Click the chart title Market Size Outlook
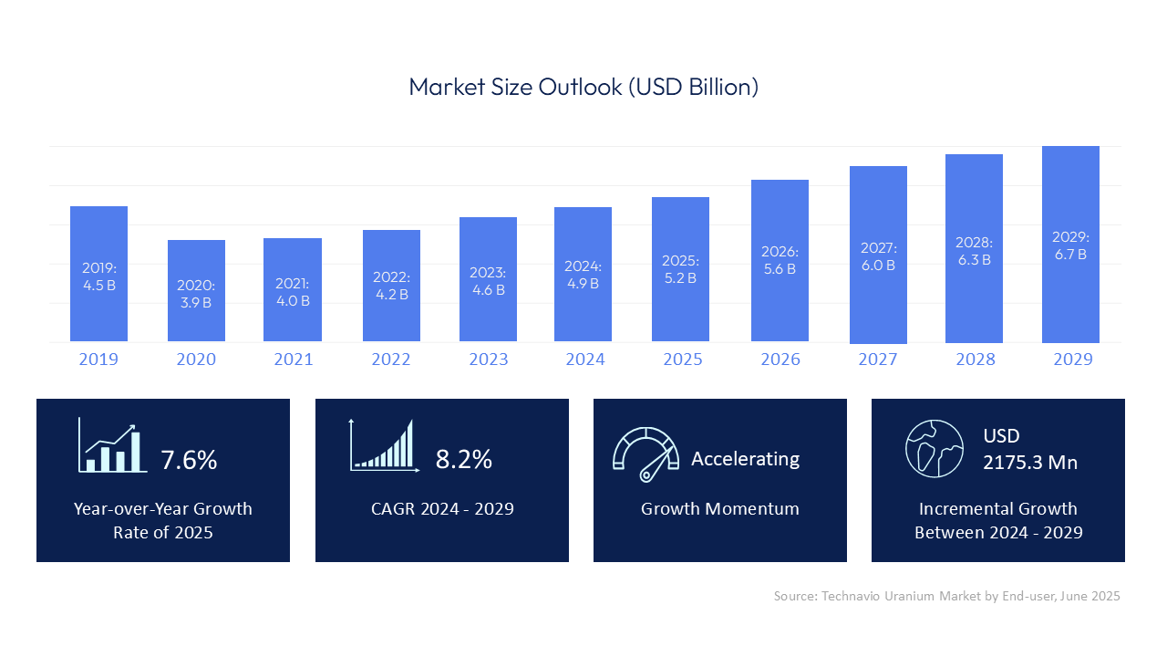[583, 88]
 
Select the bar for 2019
[98, 274]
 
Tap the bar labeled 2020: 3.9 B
[196, 291]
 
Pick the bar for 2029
[1070, 244]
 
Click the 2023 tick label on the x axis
[489, 360]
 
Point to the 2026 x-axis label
[780, 360]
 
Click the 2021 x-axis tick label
[294, 360]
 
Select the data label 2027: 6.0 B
[878, 256]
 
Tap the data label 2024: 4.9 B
[583, 275]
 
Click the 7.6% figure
[189, 460]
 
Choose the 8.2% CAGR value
[463, 459]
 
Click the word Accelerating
[745, 458]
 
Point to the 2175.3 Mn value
[1030, 463]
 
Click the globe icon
[935, 448]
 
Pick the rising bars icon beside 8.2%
[384, 446]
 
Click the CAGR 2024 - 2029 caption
[442, 509]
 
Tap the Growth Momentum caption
[719, 509]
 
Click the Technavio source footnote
[946, 596]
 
